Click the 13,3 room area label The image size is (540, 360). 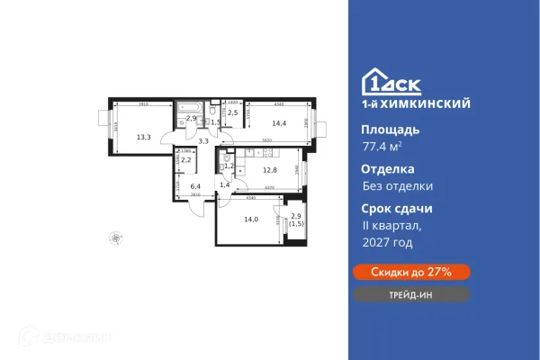(144, 138)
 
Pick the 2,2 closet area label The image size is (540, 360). (186, 160)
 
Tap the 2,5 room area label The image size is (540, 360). (232, 112)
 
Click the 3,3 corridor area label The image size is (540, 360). (203, 141)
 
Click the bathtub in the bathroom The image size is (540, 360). (190, 106)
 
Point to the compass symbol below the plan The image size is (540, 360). (112, 238)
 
